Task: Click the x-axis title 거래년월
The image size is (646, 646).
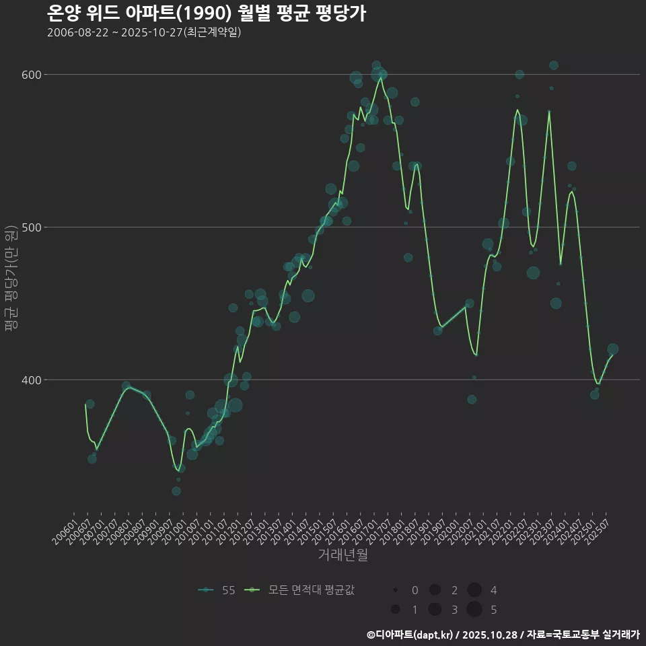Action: pyautogui.click(x=343, y=556)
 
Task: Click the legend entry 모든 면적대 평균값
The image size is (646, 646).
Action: pyautogui.click(x=299, y=590)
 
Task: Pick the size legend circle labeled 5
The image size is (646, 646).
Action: pyautogui.click(x=474, y=610)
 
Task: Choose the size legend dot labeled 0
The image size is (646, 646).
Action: pyautogui.click(x=396, y=590)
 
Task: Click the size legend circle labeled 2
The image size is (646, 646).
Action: pyautogui.click(x=435, y=590)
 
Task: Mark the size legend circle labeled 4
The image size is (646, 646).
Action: pyautogui.click(x=474, y=590)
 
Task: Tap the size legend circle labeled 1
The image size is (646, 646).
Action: pyautogui.click(x=396, y=610)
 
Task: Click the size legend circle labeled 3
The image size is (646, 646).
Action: pyautogui.click(x=435, y=610)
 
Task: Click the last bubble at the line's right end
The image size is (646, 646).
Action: pyautogui.click(x=612, y=349)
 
